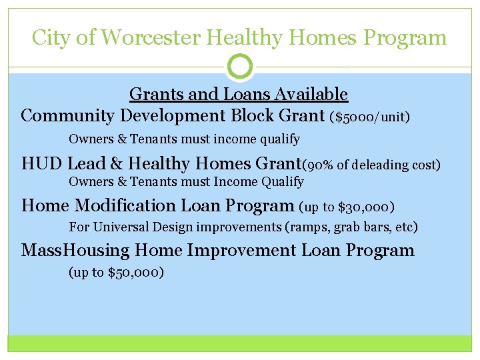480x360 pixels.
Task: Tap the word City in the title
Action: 51,37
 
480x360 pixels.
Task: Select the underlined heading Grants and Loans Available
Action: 239,94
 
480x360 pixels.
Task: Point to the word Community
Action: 68,116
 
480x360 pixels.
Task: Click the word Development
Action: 173,116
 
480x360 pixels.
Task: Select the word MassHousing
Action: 75,251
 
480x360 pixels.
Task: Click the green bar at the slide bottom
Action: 240,343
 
